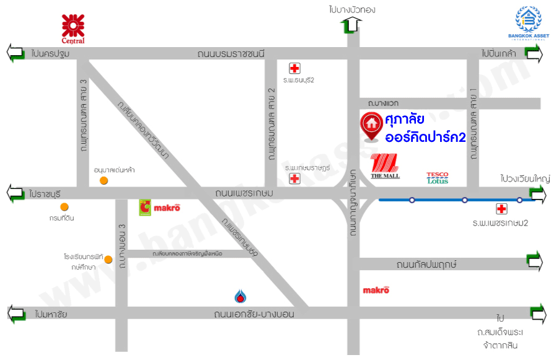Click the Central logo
pos(73,28)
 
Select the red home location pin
pos(371,126)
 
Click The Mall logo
pos(385,167)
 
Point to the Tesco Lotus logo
pos(438,178)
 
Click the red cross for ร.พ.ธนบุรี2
pos(295,68)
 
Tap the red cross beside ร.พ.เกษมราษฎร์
pos(295,179)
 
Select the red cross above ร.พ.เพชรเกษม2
pos(501,209)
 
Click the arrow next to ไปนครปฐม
pos(15,53)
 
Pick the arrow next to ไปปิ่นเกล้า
pos(533,54)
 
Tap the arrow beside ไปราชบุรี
pos(15,193)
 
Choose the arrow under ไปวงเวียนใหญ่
pos(536,196)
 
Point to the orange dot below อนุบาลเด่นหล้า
pos(104,180)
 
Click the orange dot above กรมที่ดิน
pos(64,207)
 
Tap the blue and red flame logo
pos(240,295)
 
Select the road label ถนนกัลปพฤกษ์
pos(426,265)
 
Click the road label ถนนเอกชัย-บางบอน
pos(254,314)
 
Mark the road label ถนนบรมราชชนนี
pos(231,54)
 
